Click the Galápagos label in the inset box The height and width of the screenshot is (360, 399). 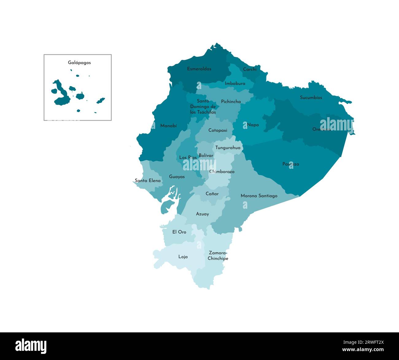point(79,63)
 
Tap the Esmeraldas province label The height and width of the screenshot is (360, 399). point(199,69)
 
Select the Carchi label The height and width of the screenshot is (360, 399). point(250,69)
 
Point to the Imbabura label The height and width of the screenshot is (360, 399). point(235,83)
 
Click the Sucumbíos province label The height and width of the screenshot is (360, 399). point(311,98)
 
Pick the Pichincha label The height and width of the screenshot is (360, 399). point(231,102)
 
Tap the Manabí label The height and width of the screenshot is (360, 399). point(169,126)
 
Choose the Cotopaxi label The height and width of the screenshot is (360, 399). point(218,130)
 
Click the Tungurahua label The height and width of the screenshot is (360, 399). point(228,148)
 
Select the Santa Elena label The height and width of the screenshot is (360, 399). point(148,181)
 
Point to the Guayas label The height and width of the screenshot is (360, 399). point(177,177)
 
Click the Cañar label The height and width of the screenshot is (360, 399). point(212,194)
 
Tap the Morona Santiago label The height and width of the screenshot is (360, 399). point(259,196)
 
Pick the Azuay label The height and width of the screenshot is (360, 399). point(202,214)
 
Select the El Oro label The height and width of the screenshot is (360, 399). point(179,232)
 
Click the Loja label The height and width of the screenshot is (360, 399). point(183,257)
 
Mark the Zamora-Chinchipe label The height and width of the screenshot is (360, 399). point(218,256)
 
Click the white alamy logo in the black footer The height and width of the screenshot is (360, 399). point(31,346)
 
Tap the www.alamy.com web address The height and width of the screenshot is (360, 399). point(363,350)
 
